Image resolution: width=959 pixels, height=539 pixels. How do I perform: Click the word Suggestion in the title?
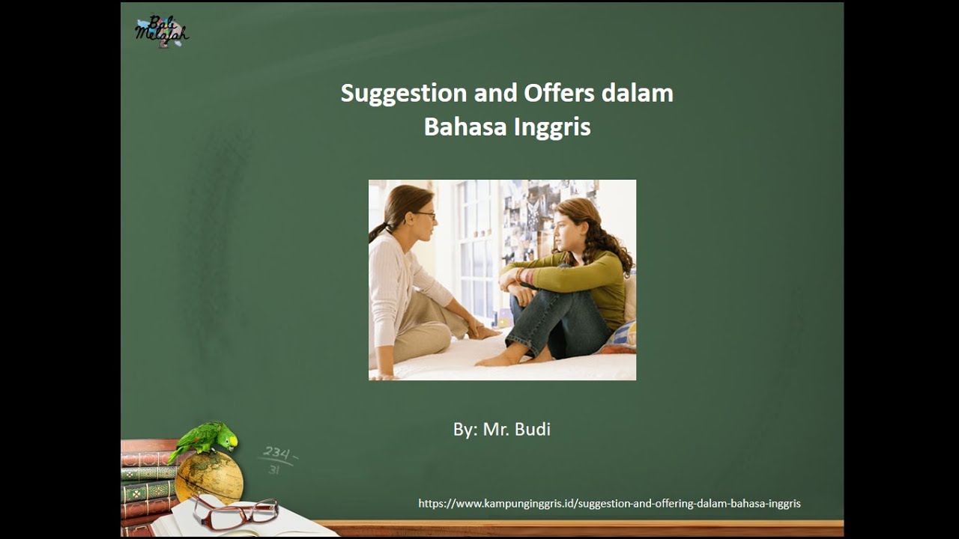coord(403,94)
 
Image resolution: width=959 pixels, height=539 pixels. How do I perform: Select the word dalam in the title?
coord(638,94)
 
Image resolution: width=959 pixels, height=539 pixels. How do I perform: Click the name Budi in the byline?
coord(533,430)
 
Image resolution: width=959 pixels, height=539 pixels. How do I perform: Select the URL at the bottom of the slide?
coord(609,504)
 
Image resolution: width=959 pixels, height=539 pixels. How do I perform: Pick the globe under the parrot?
coord(209,476)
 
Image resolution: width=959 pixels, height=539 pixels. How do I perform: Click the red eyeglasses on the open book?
coord(235,513)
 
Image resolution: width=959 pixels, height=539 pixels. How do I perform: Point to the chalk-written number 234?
coord(276,452)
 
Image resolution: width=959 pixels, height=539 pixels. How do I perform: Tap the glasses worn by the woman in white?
coord(425,215)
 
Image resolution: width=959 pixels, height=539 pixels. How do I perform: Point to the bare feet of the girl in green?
coord(498,359)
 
